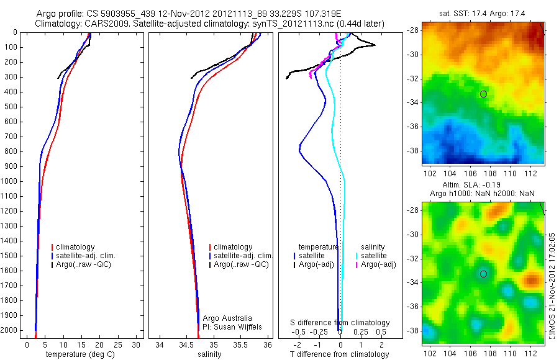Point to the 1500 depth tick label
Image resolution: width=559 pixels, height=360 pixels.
tap(9, 256)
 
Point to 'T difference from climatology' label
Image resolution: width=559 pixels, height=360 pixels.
tap(339, 354)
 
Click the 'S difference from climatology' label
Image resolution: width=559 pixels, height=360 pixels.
tap(340, 323)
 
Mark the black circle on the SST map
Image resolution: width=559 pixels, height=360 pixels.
tap(483, 94)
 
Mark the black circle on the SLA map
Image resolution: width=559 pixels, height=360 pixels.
tap(483, 274)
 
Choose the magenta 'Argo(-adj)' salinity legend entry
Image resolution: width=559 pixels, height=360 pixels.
tap(378, 264)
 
